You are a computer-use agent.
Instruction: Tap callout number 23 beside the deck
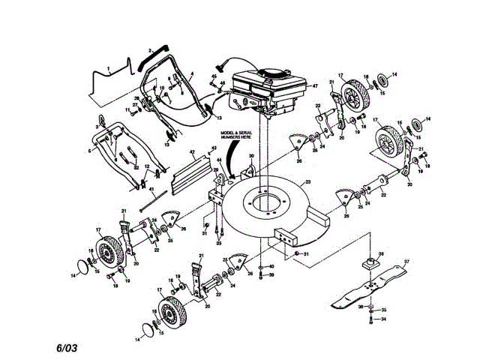coord(306,183)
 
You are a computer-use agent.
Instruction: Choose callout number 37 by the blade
coord(407,262)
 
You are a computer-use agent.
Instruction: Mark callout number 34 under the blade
coord(383,319)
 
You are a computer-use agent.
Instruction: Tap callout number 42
coord(192,151)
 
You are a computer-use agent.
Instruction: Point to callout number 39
coord(271,275)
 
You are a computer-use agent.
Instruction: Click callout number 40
coord(271,267)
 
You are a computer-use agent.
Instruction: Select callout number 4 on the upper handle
coord(191,74)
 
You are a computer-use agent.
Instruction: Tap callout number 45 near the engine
coord(214,76)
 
